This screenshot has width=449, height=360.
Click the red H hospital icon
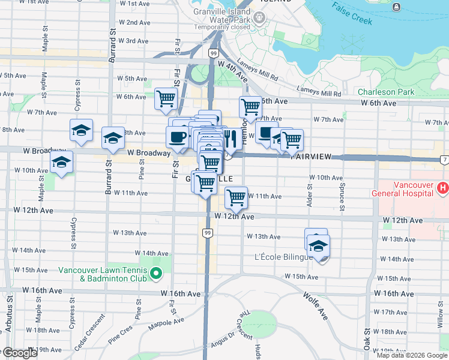coord(443,189)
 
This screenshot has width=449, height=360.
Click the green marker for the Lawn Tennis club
coord(156,274)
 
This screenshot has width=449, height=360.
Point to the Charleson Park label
coord(386,92)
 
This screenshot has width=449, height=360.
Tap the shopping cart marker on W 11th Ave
coord(236,197)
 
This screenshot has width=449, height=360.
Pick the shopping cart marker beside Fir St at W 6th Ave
coord(166,98)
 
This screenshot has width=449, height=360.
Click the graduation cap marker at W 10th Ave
coord(61,162)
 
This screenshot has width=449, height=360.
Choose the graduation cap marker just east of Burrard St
coord(112,139)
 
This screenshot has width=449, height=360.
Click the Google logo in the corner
coord(19,353)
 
